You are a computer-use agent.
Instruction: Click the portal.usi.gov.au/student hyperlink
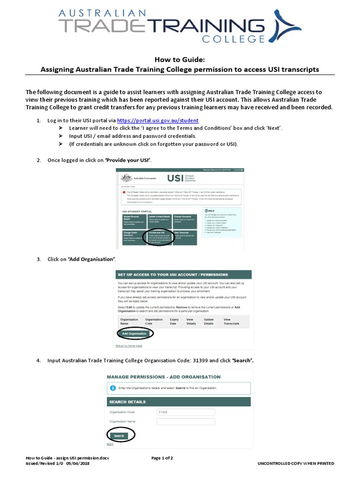point(157,120)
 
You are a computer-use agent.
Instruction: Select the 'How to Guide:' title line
point(180,60)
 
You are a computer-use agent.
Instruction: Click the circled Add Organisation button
point(135,334)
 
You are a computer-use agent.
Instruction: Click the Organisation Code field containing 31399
point(186,412)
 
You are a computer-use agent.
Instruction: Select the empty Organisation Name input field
point(186,421)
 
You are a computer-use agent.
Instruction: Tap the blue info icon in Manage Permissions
point(112,388)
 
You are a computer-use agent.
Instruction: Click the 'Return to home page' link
point(128,346)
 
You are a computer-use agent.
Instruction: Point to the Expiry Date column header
point(175,322)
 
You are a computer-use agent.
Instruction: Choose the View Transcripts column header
point(231,322)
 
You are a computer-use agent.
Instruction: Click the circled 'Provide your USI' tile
point(159,236)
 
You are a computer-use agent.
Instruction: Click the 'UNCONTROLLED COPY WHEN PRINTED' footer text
point(296,463)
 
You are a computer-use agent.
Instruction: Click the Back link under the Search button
point(110,444)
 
